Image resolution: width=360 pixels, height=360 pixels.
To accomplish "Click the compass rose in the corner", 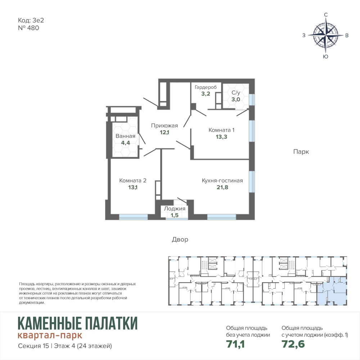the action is click(x=325, y=35).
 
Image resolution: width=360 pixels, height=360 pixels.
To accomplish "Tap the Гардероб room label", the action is click(x=206, y=87).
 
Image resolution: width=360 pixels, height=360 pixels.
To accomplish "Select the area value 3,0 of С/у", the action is click(x=236, y=99).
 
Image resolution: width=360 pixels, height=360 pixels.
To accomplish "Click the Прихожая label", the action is click(x=165, y=126).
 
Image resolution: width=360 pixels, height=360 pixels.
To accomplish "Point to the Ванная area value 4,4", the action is click(x=126, y=143).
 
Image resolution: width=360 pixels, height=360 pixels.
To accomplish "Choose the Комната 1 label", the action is click(x=221, y=130).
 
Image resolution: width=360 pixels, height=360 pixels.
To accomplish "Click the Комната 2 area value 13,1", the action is click(x=133, y=187).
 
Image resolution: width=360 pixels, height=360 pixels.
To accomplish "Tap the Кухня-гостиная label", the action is click(x=222, y=180).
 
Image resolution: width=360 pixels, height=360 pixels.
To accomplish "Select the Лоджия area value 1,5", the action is click(x=175, y=215).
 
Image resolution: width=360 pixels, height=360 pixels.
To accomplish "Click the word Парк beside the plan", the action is click(x=301, y=152).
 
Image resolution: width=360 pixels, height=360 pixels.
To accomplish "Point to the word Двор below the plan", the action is click(x=180, y=239).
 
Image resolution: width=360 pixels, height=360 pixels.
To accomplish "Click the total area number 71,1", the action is click(x=235, y=344).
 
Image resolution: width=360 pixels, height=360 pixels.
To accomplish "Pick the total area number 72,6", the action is click(x=293, y=344).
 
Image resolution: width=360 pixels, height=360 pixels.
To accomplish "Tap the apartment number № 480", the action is click(x=28, y=28).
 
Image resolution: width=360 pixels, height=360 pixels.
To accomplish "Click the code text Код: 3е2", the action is click(x=31, y=20).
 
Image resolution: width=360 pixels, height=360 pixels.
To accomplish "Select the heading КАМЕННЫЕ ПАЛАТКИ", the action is click(x=78, y=323).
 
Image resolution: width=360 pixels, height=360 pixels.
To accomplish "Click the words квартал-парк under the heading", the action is click(x=50, y=336).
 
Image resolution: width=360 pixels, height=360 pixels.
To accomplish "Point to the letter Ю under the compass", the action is click(x=325, y=57).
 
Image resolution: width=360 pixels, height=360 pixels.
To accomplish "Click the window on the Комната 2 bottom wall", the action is click(x=133, y=217).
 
